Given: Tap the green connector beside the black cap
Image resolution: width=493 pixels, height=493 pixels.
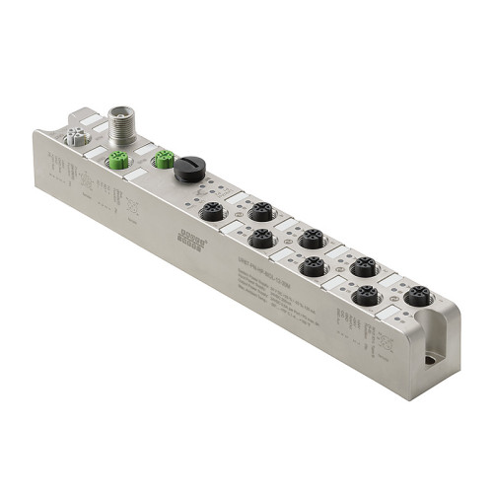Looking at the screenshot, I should pyautogui.click(x=164, y=159).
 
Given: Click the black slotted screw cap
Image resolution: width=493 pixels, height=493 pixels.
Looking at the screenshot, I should pyautogui.click(x=187, y=171).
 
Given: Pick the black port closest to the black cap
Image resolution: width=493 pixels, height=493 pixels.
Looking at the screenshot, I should pyautogui.click(x=212, y=211).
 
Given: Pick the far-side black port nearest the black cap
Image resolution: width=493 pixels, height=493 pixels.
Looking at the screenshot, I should pyautogui.click(x=259, y=211).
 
